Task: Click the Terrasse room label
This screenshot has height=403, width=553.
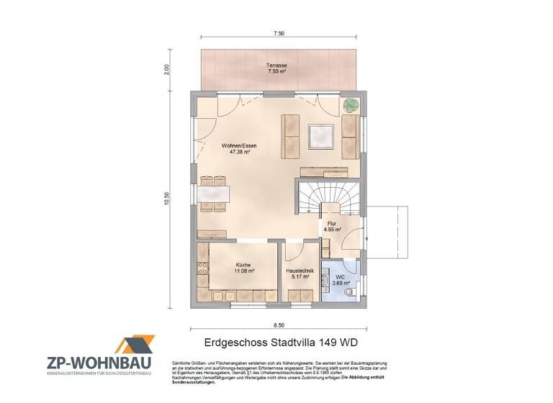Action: (x=277, y=64)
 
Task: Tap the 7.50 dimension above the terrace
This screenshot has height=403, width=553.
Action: (x=277, y=33)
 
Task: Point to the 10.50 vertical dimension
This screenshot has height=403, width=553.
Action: (x=166, y=199)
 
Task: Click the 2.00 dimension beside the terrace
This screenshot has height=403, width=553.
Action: (x=166, y=70)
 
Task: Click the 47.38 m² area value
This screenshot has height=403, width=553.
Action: (x=240, y=153)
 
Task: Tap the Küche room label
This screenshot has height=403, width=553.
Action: (x=243, y=265)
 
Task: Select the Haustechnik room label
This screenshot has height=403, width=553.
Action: (x=300, y=270)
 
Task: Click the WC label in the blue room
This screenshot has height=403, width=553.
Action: (x=340, y=276)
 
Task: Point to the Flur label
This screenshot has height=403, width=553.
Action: (x=332, y=224)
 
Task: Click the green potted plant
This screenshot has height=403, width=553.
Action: (x=351, y=105)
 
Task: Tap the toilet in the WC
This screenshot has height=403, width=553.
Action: (x=350, y=293)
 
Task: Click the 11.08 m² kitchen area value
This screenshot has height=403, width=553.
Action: (x=243, y=272)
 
